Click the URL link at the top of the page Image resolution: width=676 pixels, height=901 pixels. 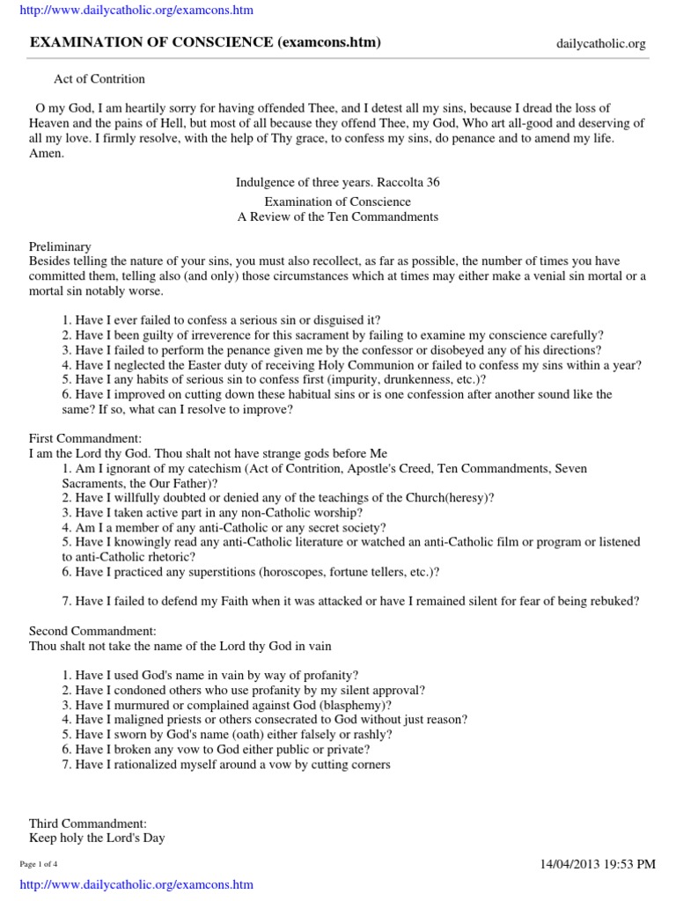pos(136,11)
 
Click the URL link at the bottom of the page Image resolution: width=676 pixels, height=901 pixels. pos(136,884)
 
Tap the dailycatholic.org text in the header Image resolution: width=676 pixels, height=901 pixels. pos(601,43)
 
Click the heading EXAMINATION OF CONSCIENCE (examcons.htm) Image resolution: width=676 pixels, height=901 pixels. pos(205,42)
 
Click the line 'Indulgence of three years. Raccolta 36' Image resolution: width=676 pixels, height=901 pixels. pos(338,183)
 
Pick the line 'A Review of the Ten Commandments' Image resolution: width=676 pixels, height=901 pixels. pos(338,216)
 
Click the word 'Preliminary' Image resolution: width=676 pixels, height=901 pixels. pos(60,247)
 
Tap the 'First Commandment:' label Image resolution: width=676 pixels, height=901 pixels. pos(84,438)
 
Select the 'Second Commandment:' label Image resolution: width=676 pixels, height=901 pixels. pos(92,631)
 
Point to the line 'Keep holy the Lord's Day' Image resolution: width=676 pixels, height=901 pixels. pos(97,838)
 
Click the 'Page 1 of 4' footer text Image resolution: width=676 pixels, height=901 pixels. pos(39,864)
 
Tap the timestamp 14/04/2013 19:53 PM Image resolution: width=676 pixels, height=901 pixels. pos(598,864)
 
